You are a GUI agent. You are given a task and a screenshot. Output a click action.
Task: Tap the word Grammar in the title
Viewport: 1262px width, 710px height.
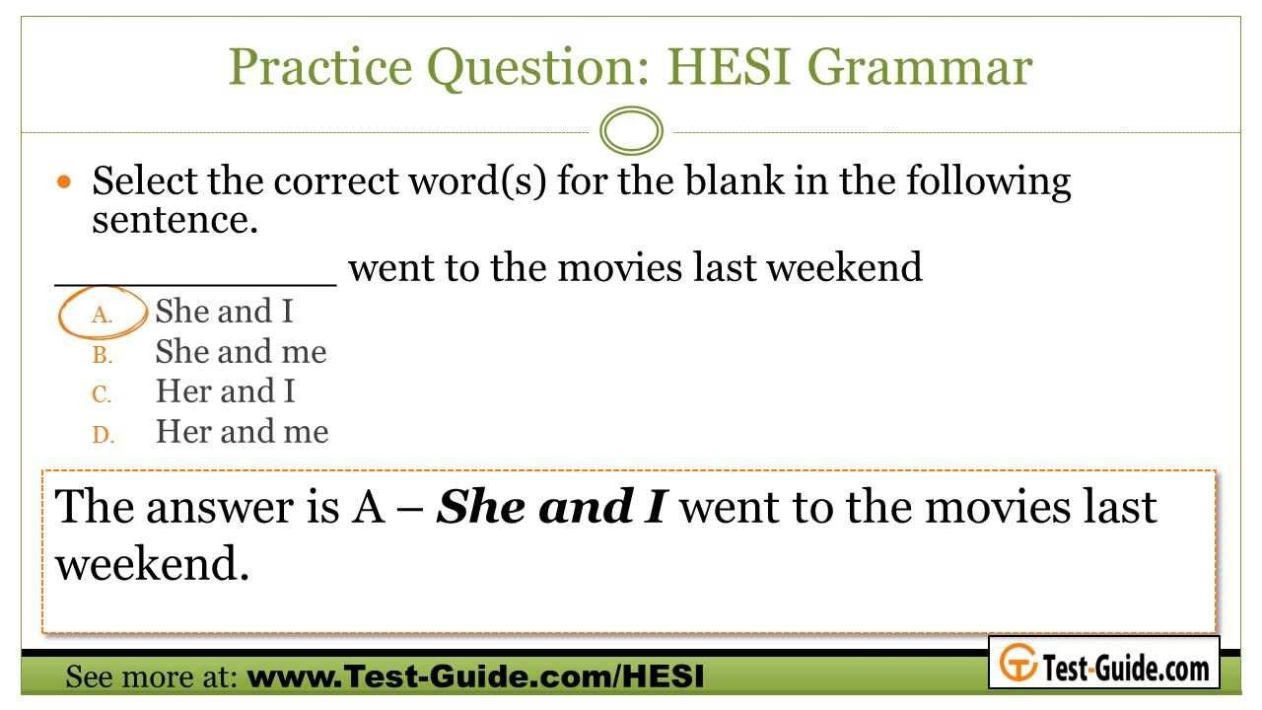[920, 67]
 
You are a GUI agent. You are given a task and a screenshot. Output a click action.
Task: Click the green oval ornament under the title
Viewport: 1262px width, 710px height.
[631, 131]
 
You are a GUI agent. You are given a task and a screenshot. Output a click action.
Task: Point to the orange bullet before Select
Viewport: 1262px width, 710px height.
[64, 181]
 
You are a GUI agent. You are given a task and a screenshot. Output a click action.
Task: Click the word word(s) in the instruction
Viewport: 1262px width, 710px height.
[477, 181]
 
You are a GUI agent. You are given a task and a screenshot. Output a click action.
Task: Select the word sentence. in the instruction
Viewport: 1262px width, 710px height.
[175, 220]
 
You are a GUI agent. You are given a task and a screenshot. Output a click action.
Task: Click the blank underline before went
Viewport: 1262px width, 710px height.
[195, 285]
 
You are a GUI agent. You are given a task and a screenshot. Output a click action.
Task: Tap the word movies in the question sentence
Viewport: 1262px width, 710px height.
[618, 267]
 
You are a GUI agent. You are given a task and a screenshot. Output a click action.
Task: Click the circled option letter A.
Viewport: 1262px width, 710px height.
[102, 315]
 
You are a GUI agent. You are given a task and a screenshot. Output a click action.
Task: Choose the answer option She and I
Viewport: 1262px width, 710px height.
[224, 311]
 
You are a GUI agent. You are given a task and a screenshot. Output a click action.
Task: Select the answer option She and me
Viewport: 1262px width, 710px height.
[242, 352]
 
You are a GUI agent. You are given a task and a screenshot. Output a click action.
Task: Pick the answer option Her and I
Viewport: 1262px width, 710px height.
[226, 391]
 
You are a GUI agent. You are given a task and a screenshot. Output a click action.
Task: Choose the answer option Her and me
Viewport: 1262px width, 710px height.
[243, 432]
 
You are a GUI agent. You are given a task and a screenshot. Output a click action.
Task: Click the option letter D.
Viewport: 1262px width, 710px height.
[104, 435]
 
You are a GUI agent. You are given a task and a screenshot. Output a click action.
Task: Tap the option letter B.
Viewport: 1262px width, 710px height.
[103, 355]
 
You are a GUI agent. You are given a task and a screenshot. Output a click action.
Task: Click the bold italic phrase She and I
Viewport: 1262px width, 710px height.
[552, 507]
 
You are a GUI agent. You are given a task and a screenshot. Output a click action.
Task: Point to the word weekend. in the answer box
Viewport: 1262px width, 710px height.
[152, 563]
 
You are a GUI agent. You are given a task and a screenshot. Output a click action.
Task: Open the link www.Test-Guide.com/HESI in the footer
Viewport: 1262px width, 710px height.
[475, 675]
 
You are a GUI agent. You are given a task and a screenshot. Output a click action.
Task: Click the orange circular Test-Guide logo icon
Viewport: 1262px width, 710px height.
[1018, 663]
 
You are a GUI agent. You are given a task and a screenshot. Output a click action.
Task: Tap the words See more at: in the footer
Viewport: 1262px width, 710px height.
[151, 676]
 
